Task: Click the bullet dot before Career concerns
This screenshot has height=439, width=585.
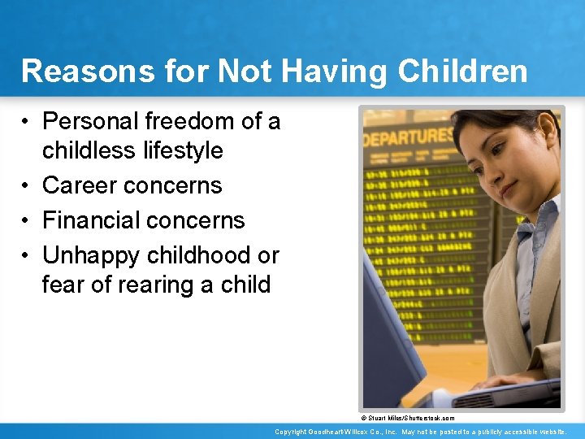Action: [27, 186]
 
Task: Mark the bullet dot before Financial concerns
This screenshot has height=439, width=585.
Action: [27, 221]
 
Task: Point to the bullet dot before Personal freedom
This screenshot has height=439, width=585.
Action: [27, 122]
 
